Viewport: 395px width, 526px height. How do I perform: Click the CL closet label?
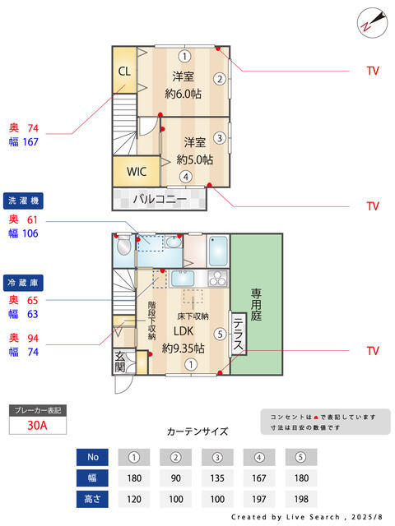124,71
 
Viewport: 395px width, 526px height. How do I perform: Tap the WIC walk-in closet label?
137,172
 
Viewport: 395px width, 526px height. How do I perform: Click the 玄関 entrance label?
119,362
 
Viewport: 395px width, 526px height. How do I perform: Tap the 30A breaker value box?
37,425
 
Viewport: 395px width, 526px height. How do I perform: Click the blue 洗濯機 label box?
23,201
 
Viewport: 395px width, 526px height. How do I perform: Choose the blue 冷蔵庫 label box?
23,281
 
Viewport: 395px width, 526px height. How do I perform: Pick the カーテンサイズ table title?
197,431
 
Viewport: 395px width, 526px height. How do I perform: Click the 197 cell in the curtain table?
259,498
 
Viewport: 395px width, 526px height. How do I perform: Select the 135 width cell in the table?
217,478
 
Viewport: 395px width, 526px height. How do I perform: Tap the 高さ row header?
92,498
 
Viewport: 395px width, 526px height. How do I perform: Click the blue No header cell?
92,457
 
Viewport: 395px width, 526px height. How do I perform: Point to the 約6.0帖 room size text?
183,93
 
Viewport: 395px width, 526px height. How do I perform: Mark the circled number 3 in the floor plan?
220,137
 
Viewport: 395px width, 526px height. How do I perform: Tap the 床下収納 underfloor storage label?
193,316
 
